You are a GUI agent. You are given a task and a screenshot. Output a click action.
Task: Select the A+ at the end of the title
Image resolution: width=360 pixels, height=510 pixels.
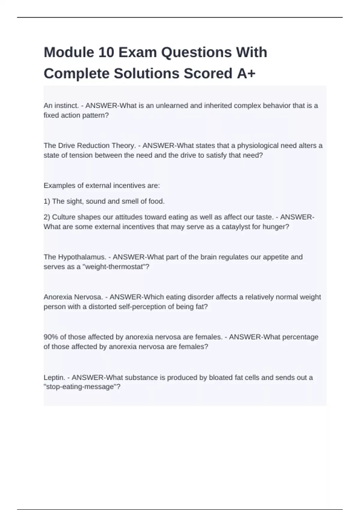(246, 73)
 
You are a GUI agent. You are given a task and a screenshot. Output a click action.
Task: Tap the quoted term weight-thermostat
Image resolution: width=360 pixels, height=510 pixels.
(114, 267)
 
